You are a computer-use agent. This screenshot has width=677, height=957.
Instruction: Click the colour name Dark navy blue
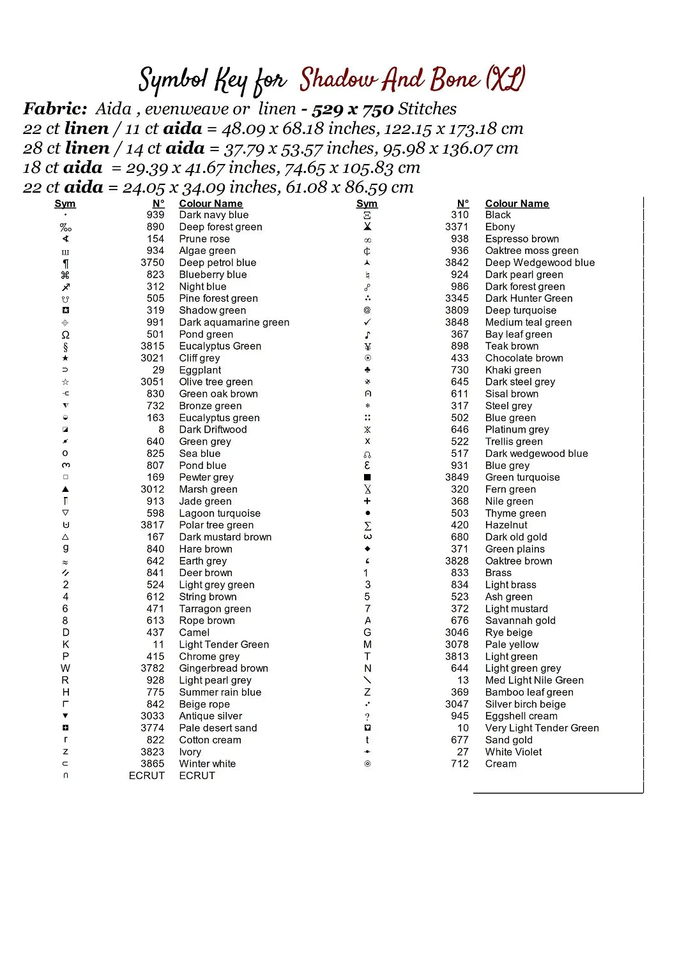pos(213,215)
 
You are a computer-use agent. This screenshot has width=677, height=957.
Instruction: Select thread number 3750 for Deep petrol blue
pos(153,263)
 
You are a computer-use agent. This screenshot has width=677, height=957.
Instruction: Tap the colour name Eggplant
pos(200,370)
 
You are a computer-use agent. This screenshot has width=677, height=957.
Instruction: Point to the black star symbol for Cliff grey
pos(65,358)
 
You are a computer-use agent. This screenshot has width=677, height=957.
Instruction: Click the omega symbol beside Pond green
pos(65,334)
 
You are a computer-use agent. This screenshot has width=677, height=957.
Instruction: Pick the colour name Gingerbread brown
pos(224,669)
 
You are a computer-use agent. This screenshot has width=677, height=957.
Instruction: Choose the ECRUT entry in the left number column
pos(146,776)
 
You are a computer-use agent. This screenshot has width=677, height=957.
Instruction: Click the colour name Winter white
pos(207,764)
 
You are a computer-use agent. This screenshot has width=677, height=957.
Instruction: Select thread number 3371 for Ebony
pos(457,227)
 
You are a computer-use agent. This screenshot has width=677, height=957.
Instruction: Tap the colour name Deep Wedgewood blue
pos(540,263)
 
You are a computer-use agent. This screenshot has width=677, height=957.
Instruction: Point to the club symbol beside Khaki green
pos(367,370)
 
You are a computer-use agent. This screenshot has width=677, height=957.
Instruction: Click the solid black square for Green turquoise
pos(367,477)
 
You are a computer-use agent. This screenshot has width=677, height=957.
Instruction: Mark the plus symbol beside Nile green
pos(367,501)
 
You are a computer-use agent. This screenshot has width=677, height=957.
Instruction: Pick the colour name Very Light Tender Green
pos(542,728)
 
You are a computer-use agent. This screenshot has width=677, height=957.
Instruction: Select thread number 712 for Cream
pos(460,764)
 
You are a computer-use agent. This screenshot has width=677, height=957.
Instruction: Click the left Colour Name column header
pos(211,204)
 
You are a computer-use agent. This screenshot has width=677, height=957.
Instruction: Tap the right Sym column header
pos(367,204)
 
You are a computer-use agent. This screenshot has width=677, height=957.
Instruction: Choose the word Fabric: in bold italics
pos(55,109)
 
